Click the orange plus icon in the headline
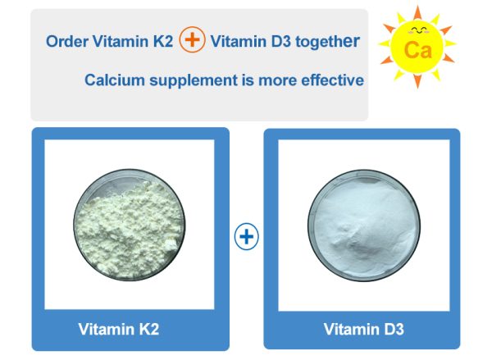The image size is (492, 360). click(192, 42)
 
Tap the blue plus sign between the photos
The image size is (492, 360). click(246, 238)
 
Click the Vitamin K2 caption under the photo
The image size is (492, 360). click(118, 330)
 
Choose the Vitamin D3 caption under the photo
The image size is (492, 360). click(363, 330)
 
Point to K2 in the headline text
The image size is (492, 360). click(162, 42)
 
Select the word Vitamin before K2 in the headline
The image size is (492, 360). click(122, 42)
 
